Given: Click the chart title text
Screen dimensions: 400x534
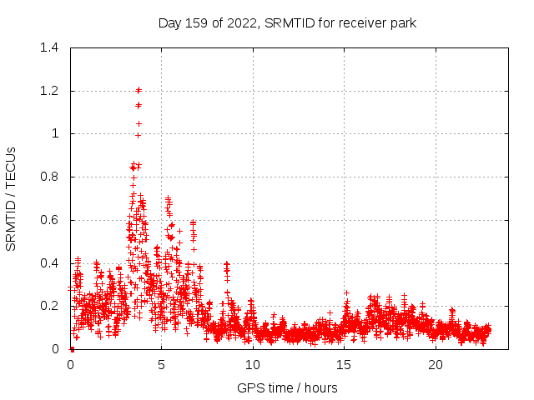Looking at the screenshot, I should tap(287, 22).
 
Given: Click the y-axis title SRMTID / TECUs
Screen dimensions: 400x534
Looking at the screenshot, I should tap(11, 198).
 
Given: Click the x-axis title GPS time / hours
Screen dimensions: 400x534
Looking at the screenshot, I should tap(287, 387).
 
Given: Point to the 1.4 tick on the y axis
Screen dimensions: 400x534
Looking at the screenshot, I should tap(53, 47).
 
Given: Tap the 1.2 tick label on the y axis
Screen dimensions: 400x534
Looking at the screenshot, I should tap(53, 91).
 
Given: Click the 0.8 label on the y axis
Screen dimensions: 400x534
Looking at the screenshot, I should tap(53, 177).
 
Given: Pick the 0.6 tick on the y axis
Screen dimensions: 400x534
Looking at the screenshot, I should tap(53, 220).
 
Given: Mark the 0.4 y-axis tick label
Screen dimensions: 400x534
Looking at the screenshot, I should tap(53, 263).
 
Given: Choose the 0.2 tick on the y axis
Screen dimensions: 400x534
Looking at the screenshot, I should tap(53, 306).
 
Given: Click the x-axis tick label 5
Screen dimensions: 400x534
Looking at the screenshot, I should tap(162, 365).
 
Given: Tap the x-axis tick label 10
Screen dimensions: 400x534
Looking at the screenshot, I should tap(253, 365).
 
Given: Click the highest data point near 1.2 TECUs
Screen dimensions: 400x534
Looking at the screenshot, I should tap(139, 90).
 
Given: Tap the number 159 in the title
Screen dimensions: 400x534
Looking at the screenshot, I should tap(197, 22).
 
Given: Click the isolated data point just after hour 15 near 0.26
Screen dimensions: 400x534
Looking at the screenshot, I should tap(346, 292).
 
